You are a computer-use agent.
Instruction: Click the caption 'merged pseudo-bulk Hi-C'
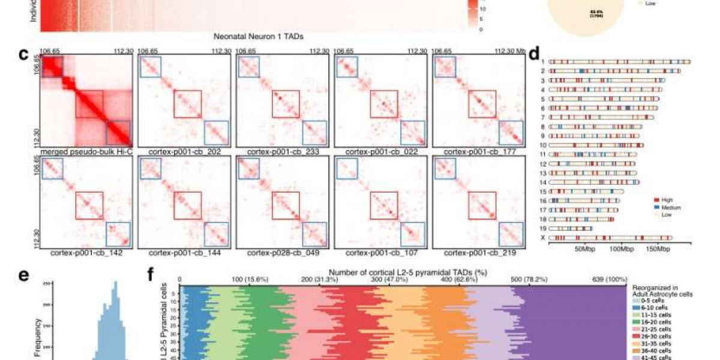(86, 153)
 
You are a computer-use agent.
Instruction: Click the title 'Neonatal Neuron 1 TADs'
(257, 37)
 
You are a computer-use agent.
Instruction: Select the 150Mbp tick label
(658, 248)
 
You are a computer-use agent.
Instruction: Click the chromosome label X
(542, 238)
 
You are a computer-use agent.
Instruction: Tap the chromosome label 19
(542, 229)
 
